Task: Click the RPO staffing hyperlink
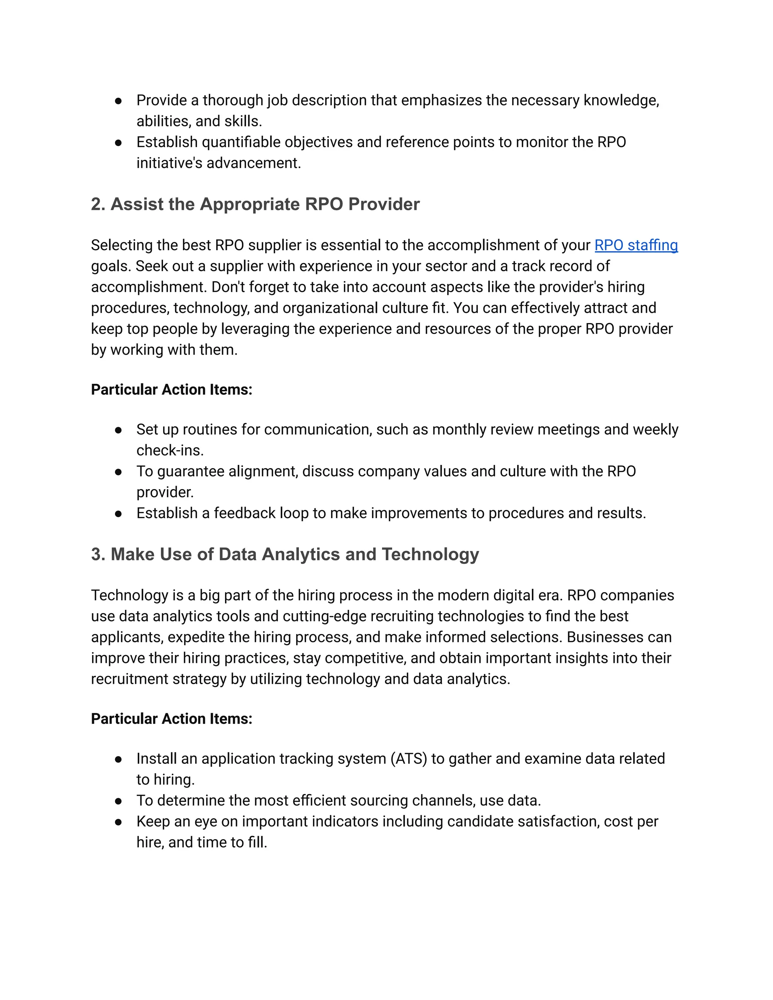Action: point(636,245)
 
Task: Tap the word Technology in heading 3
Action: point(430,554)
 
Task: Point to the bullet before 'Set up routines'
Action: point(119,430)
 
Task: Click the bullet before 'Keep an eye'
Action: point(119,822)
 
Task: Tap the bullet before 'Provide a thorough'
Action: point(119,101)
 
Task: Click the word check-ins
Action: point(170,451)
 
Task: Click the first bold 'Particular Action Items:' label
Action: point(171,390)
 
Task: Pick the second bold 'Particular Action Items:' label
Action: point(171,719)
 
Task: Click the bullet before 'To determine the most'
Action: point(119,801)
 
